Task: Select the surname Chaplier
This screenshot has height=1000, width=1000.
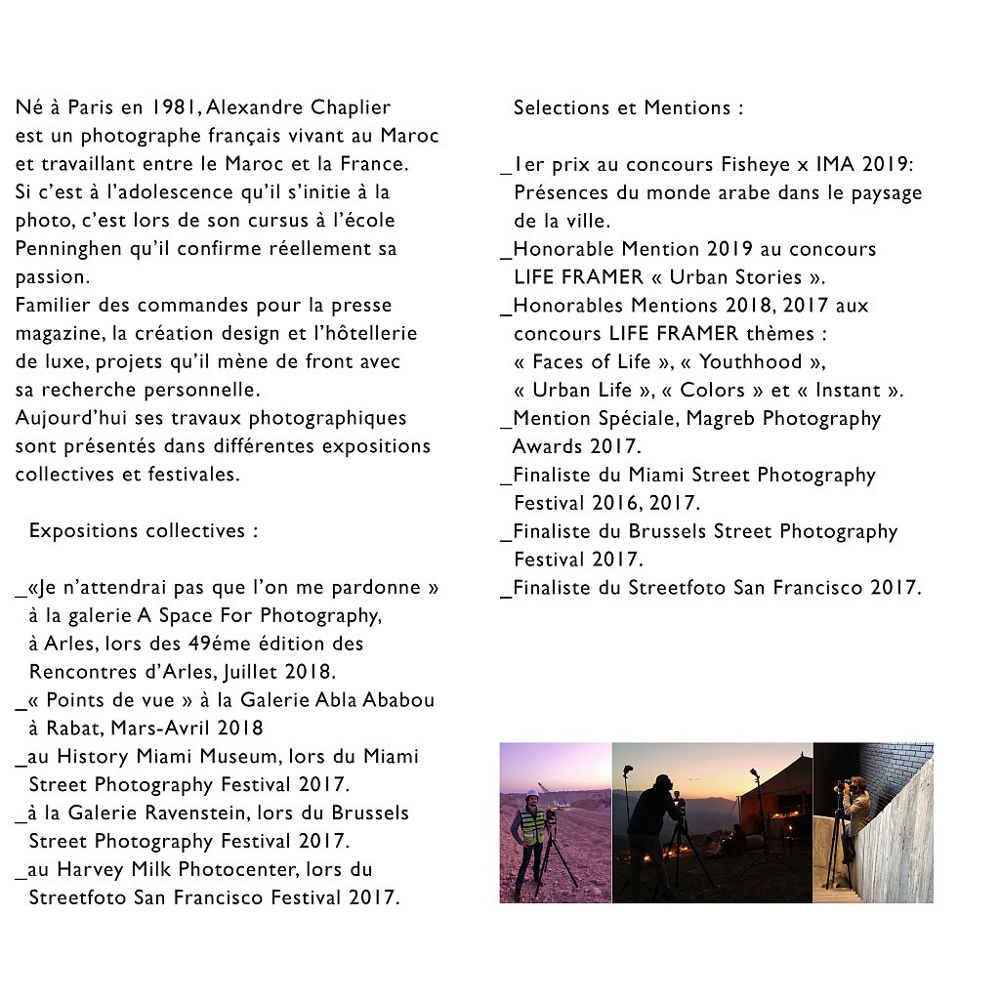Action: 350,107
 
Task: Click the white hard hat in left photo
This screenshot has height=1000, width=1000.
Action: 531,794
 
